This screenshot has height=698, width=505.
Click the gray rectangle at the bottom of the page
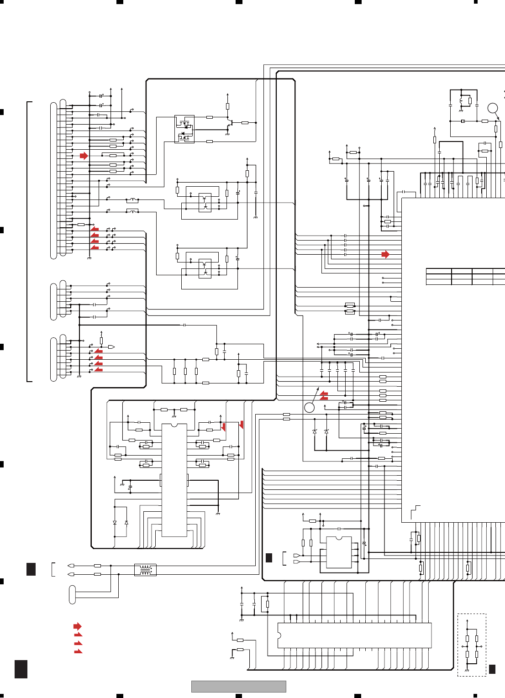[x=238, y=686]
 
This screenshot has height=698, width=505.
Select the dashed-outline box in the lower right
[x=472, y=645]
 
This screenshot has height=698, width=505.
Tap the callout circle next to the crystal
[x=492, y=108]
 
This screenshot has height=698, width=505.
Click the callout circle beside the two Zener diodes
[x=309, y=407]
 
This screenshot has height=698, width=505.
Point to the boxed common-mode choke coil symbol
[x=145, y=570]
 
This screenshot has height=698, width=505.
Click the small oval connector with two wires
[x=72, y=594]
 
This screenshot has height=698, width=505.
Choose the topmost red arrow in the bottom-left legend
[x=78, y=626]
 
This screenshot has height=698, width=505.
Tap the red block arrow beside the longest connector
[x=84, y=156]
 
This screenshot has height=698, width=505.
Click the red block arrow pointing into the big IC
[x=385, y=254]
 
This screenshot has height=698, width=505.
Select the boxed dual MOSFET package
[x=184, y=129]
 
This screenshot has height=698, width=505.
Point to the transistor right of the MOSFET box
[x=231, y=123]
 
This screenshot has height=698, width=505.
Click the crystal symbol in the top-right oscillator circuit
[x=463, y=121]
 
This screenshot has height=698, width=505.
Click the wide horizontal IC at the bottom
[x=354, y=635]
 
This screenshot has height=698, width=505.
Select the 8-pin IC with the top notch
[x=339, y=552]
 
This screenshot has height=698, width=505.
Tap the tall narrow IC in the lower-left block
[x=174, y=480]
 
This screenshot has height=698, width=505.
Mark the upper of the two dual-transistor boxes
[x=205, y=202]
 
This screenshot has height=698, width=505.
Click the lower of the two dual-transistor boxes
[x=205, y=268]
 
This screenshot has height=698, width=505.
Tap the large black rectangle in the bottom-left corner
[x=21, y=669]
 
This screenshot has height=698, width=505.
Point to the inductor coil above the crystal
[x=461, y=100]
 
